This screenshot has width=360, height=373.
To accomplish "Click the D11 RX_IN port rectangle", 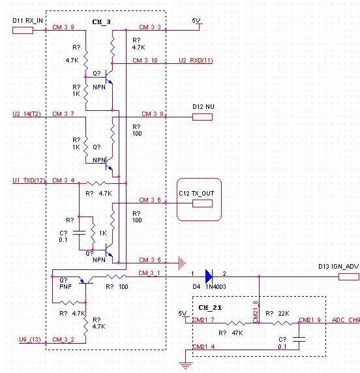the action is pos(23,30).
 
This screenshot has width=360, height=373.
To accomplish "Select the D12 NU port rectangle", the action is pos(202,117).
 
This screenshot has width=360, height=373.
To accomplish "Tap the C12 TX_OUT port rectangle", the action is pos(202,203).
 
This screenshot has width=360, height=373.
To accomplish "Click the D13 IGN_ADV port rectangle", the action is pos(348,276).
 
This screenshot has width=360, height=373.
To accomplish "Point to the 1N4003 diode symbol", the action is pos(209,276).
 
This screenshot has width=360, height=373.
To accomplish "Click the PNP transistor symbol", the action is pos(86,280).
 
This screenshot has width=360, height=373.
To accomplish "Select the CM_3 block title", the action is pos(101,22).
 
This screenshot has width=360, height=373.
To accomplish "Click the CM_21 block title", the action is pos(210,308).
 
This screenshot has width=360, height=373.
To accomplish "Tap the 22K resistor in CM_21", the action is pos(282,323).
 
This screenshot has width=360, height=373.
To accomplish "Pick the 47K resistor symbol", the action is pos(235,323).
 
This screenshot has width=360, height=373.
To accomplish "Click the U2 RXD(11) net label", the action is pos(196,61).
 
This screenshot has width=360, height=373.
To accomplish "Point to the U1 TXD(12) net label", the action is pos(29,181).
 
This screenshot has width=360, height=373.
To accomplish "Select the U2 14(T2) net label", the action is pos(27,114).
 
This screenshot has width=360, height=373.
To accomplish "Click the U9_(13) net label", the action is pos(30,340).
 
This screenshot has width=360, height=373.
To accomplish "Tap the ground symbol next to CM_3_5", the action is pos(182,263).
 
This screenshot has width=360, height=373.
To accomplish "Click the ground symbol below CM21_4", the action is pos(186,365).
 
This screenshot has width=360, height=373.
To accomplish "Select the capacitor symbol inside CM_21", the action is pos(299,339).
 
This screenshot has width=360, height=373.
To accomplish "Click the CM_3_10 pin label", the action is pos(145,61).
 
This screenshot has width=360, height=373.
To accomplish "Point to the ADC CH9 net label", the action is pos(346,320).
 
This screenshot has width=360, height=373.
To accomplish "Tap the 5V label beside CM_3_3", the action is pos(196,21).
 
